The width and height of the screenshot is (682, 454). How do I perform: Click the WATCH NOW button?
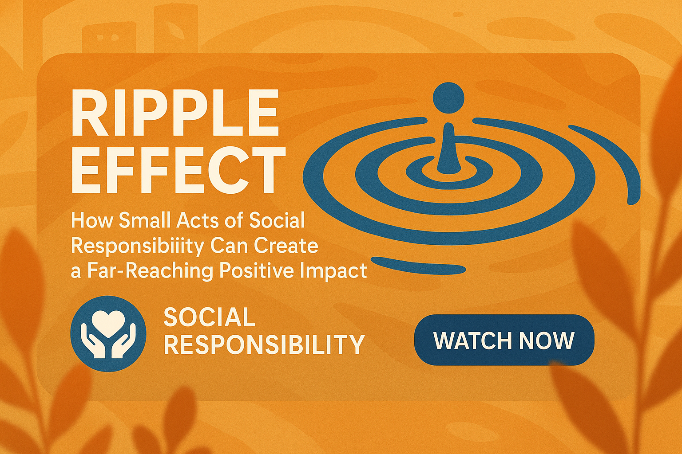click(x=504, y=340)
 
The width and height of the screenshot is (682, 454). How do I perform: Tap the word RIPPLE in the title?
click(x=175, y=113)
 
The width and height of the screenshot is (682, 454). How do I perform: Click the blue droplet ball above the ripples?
click(x=448, y=98)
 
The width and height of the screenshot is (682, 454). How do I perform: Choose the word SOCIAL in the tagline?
click(x=210, y=317)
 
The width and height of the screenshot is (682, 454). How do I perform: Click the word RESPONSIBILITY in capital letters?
click(x=264, y=344)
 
